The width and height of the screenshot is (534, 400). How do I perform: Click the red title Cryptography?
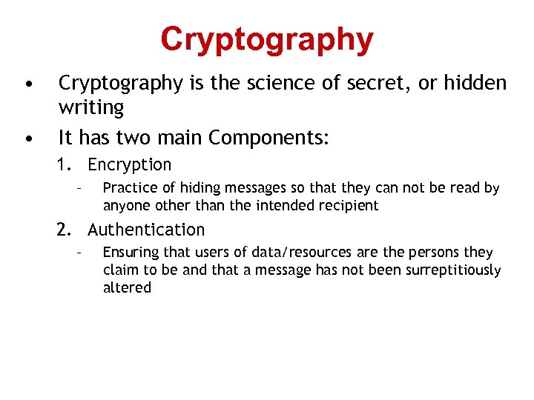point(266,40)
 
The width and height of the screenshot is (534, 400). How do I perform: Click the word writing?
point(91,108)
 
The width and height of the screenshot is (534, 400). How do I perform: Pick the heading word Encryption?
point(129,165)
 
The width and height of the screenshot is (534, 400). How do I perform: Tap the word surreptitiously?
point(453,270)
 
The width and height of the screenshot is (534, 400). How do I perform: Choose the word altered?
point(126,287)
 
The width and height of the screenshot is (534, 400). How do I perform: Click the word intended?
point(283,205)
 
